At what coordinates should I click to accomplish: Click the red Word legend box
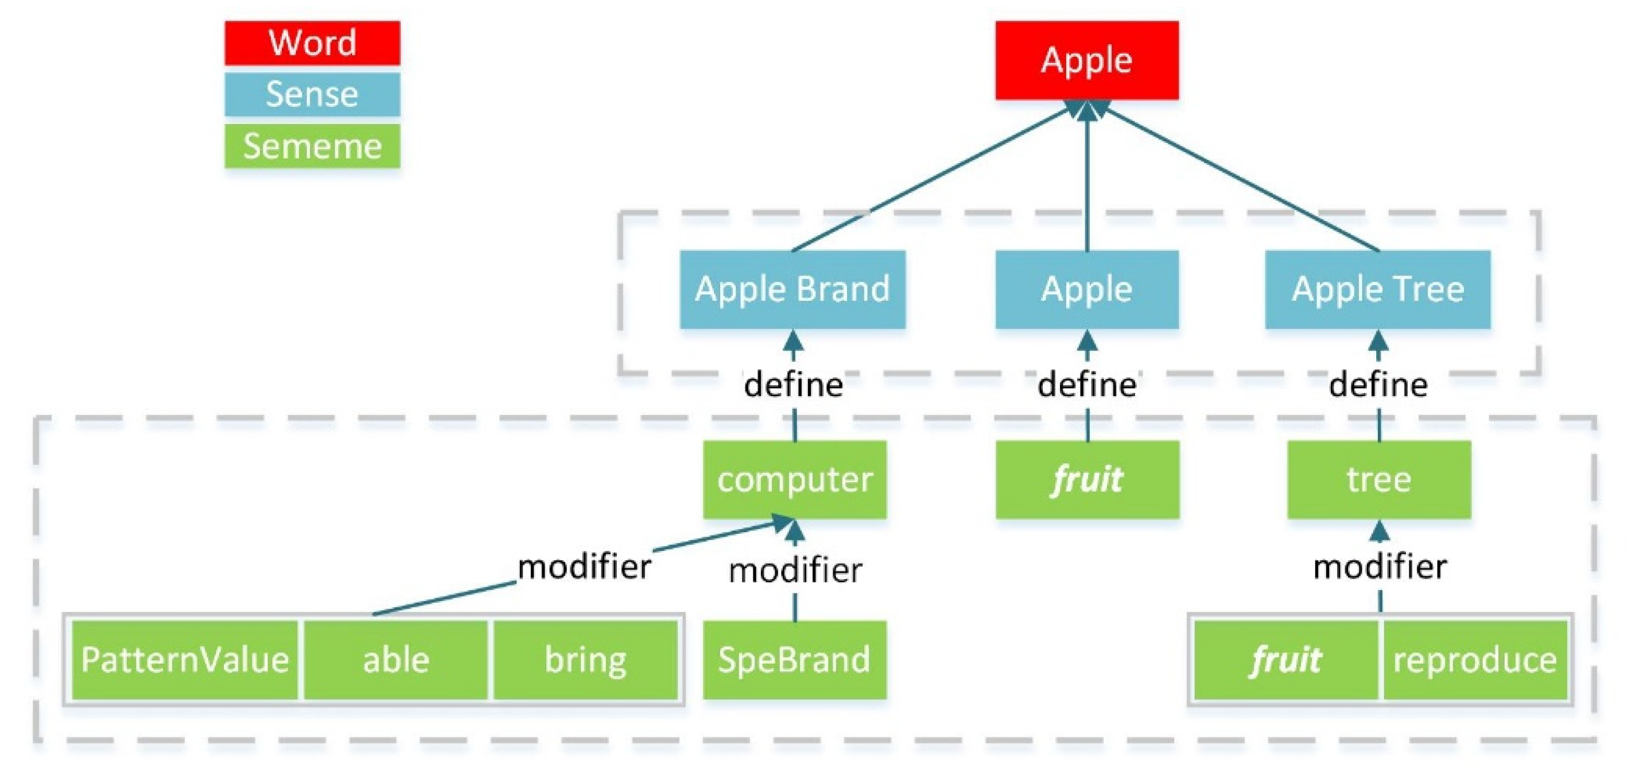312,43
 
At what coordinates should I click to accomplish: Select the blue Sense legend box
312,95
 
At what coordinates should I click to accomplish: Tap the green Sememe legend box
312,146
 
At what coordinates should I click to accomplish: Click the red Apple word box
1086,60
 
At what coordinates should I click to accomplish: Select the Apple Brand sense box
792,289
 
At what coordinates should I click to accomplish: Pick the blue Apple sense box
1086,289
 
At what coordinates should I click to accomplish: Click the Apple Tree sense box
1377,289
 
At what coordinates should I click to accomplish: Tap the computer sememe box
795,479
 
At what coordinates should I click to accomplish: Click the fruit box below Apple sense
1087,479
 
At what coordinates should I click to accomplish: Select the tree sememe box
1378,479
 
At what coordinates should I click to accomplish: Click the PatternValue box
185,660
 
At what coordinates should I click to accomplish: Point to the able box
396,660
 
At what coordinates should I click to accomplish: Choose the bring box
585,660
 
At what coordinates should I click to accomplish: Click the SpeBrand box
795,660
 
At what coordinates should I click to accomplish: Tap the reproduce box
1474,660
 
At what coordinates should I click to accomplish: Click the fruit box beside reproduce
1285,660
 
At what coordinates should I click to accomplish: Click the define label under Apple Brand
794,385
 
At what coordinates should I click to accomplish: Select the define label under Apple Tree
1378,385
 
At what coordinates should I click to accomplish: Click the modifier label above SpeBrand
795,571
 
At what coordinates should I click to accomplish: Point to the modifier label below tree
1380,567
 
